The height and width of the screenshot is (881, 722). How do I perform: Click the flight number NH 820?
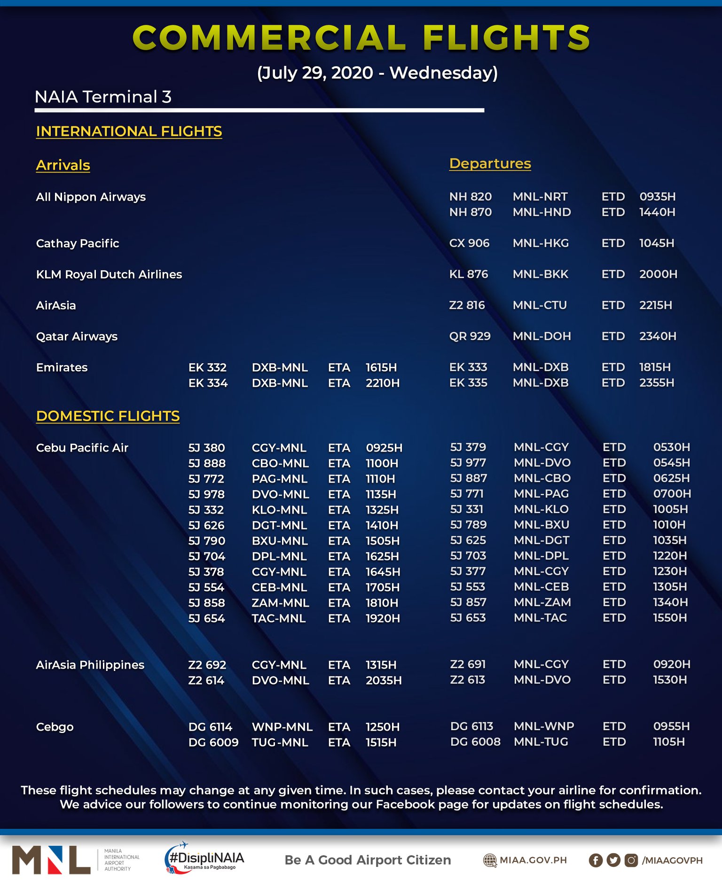tap(470, 197)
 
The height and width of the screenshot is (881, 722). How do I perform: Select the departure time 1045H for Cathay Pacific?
tap(656, 243)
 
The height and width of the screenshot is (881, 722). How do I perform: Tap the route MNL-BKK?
tap(541, 274)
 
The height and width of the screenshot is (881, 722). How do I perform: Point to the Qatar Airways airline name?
tap(77, 336)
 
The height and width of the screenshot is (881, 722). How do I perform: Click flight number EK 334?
tap(208, 383)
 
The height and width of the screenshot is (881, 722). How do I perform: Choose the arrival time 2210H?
tap(382, 383)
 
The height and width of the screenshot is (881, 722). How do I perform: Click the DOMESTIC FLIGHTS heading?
tap(108, 416)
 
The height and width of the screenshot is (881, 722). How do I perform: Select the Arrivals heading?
tap(63, 165)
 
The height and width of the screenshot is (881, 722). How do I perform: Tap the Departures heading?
tap(490, 164)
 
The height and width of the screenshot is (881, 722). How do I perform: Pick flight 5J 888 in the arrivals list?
tap(207, 464)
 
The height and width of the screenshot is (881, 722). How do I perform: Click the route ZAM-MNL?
tap(280, 603)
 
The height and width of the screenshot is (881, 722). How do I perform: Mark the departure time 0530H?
tap(671, 447)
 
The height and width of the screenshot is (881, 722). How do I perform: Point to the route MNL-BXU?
tap(541, 525)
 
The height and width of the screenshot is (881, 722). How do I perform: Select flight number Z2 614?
tap(206, 681)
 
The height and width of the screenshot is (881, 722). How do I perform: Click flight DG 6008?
tap(475, 742)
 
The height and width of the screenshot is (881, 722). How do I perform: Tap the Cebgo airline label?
tap(55, 727)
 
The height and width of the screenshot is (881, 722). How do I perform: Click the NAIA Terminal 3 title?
tap(103, 97)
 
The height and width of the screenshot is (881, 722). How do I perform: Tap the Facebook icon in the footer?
tap(595, 860)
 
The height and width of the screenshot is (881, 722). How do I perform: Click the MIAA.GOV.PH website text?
tap(533, 860)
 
